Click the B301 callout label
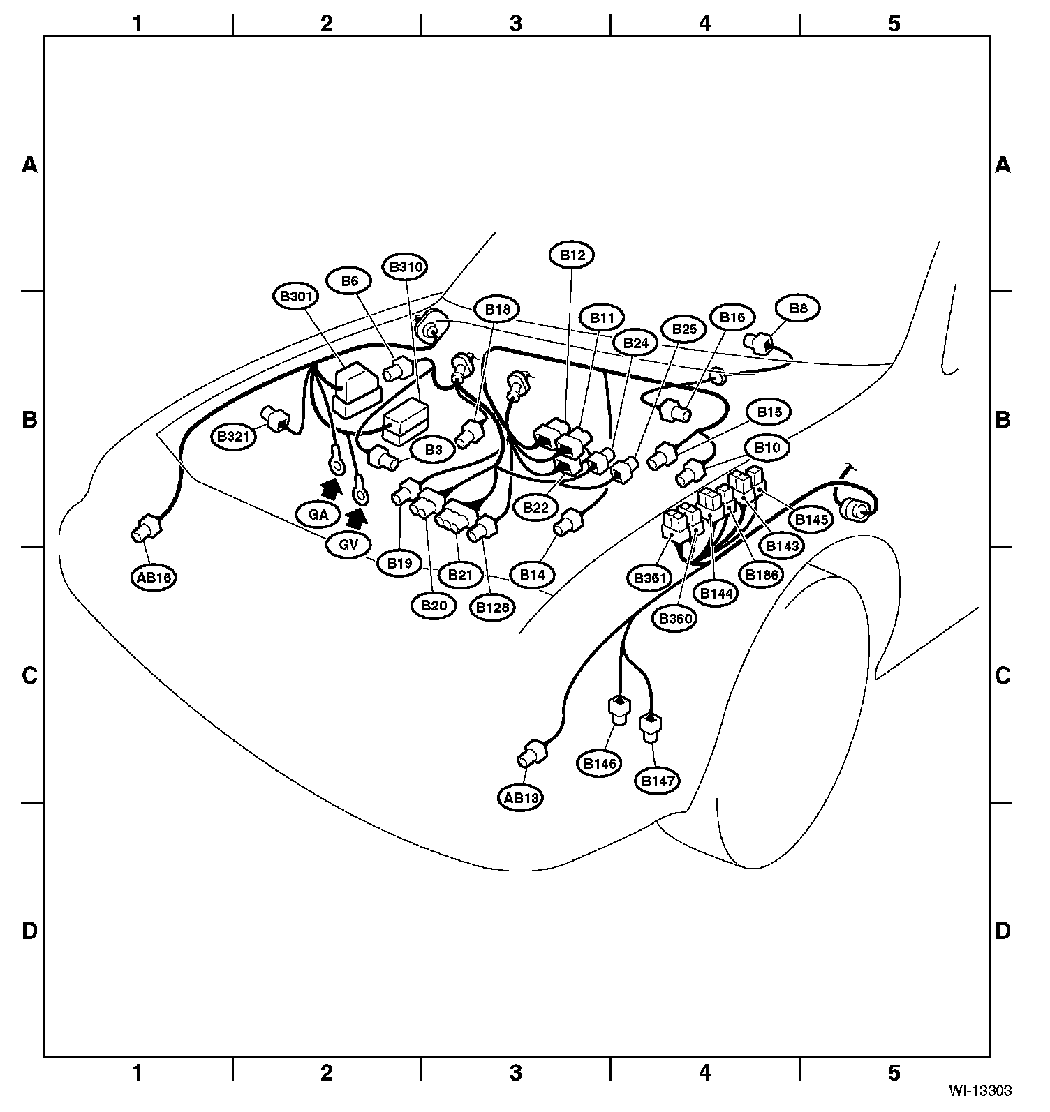(295, 296)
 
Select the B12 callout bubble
(572, 255)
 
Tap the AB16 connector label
(155, 578)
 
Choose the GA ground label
(318, 515)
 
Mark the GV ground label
(348, 545)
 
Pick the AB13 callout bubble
(522, 797)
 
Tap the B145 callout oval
(811, 519)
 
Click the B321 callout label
(233, 437)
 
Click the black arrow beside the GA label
(332, 488)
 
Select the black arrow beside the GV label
(357, 518)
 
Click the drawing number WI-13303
(979, 1089)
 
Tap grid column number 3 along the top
(515, 23)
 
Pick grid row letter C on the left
(29, 675)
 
